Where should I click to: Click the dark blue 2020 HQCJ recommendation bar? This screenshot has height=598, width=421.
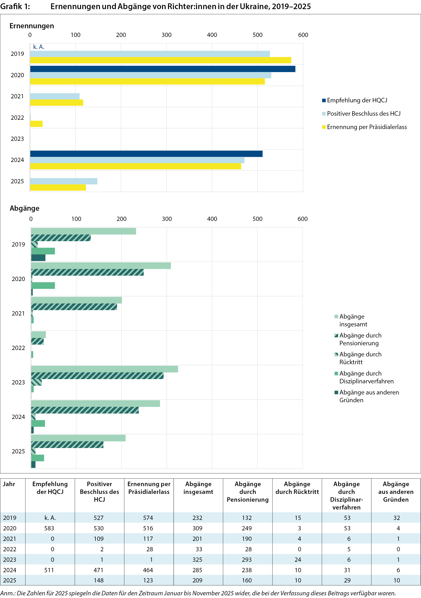(x=163, y=69)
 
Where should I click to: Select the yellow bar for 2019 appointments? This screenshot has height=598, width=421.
(x=160, y=60)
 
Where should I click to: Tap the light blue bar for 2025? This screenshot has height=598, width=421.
(x=64, y=181)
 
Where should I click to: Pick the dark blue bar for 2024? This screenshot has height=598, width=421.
(x=146, y=154)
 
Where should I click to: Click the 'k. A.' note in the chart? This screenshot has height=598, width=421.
(x=39, y=47)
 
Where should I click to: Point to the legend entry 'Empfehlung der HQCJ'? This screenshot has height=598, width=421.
(x=357, y=100)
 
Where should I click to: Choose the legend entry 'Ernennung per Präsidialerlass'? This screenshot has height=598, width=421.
(x=366, y=127)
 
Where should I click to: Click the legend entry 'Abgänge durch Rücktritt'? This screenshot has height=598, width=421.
(x=360, y=358)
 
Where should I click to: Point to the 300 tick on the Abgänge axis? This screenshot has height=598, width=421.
(x=167, y=219)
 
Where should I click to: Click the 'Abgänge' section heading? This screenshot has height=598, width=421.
(x=24, y=208)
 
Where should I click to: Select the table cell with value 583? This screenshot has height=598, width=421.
(x=49, y=528)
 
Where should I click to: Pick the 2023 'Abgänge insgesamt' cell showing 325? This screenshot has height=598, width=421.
(x=197, y=560)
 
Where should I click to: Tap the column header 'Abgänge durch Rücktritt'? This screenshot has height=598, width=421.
(x=297, y=488)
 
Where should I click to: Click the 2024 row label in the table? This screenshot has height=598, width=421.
(x=10, y=570)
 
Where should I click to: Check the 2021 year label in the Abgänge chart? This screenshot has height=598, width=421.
(x=18, y=313)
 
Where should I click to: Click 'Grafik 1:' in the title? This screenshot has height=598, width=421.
(x=15, y=6)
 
